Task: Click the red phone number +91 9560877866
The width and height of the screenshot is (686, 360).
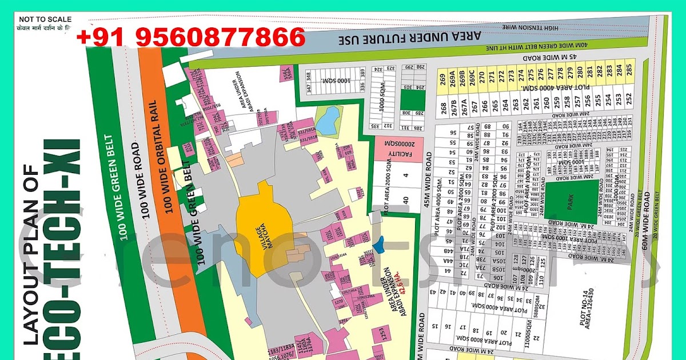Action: pyautogui.click(x=191, y=38)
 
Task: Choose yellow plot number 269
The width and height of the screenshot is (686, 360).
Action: pyautogui.click(x=442, y=79)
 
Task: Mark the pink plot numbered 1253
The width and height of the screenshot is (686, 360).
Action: pyautogui.click(x=382, y=335)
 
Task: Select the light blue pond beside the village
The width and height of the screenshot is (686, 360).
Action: pyautogui.click(x=328, y=120)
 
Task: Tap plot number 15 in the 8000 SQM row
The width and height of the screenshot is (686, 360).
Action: pyautogui.click(x=435, y=327)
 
